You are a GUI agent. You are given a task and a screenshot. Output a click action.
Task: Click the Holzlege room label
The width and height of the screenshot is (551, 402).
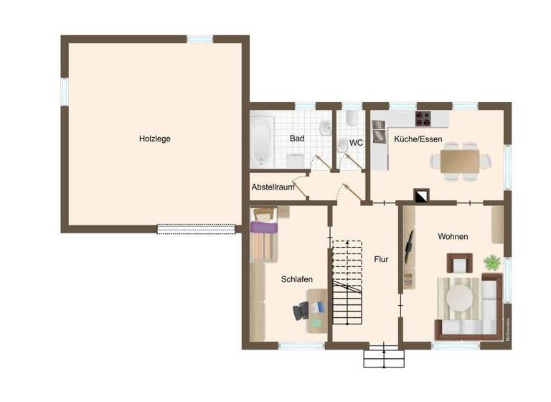tap(155, 139)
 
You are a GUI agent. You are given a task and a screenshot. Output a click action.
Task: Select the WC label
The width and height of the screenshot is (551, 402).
tap(356, 143)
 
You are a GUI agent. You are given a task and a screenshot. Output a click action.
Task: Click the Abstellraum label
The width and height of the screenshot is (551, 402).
tap(273, 187)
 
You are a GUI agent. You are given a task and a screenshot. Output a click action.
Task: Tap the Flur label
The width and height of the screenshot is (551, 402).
tap(381, 259)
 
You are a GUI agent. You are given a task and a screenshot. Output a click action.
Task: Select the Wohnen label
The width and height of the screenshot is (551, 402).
tap(453, 236)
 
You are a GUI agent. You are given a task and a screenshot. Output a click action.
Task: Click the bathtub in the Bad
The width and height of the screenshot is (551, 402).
tap(261, 137)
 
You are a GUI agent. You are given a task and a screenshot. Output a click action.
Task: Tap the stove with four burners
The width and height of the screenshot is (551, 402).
tap(423, 118)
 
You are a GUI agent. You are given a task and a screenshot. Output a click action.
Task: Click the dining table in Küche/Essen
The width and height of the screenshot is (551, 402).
tap(459, 162)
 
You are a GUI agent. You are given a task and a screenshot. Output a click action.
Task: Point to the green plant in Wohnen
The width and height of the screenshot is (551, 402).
tap(492, 261)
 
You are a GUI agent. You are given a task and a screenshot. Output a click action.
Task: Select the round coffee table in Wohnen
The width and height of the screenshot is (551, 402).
tap(460, 296)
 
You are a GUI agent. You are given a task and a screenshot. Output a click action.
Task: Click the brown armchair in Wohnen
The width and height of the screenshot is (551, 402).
tap(456, 263)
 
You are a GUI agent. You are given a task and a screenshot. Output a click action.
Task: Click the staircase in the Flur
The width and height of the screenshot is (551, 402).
tap(349, 284)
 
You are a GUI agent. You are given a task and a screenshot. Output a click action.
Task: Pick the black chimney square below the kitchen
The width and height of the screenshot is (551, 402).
tap(422, 195)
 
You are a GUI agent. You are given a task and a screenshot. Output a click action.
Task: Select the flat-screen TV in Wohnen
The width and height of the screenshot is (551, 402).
tap(410, 246)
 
